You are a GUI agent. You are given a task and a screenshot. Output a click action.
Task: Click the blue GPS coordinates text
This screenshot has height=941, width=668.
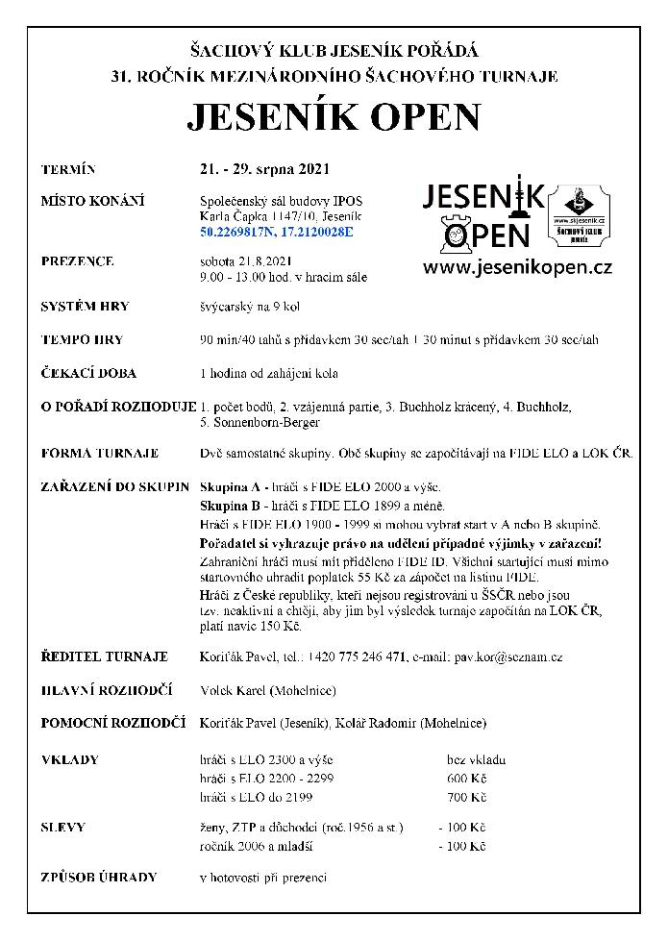[277, 232]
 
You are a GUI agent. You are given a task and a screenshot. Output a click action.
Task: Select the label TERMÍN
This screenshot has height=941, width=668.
[69, 170]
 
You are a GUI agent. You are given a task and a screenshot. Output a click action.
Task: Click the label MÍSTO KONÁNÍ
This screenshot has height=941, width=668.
[92, 200]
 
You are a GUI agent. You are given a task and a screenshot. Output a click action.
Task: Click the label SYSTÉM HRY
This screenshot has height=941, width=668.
[85, 307]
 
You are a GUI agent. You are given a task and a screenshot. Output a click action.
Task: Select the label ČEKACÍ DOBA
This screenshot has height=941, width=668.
[89, 373]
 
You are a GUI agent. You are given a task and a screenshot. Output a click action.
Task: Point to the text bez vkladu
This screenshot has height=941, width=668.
[477, 759]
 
